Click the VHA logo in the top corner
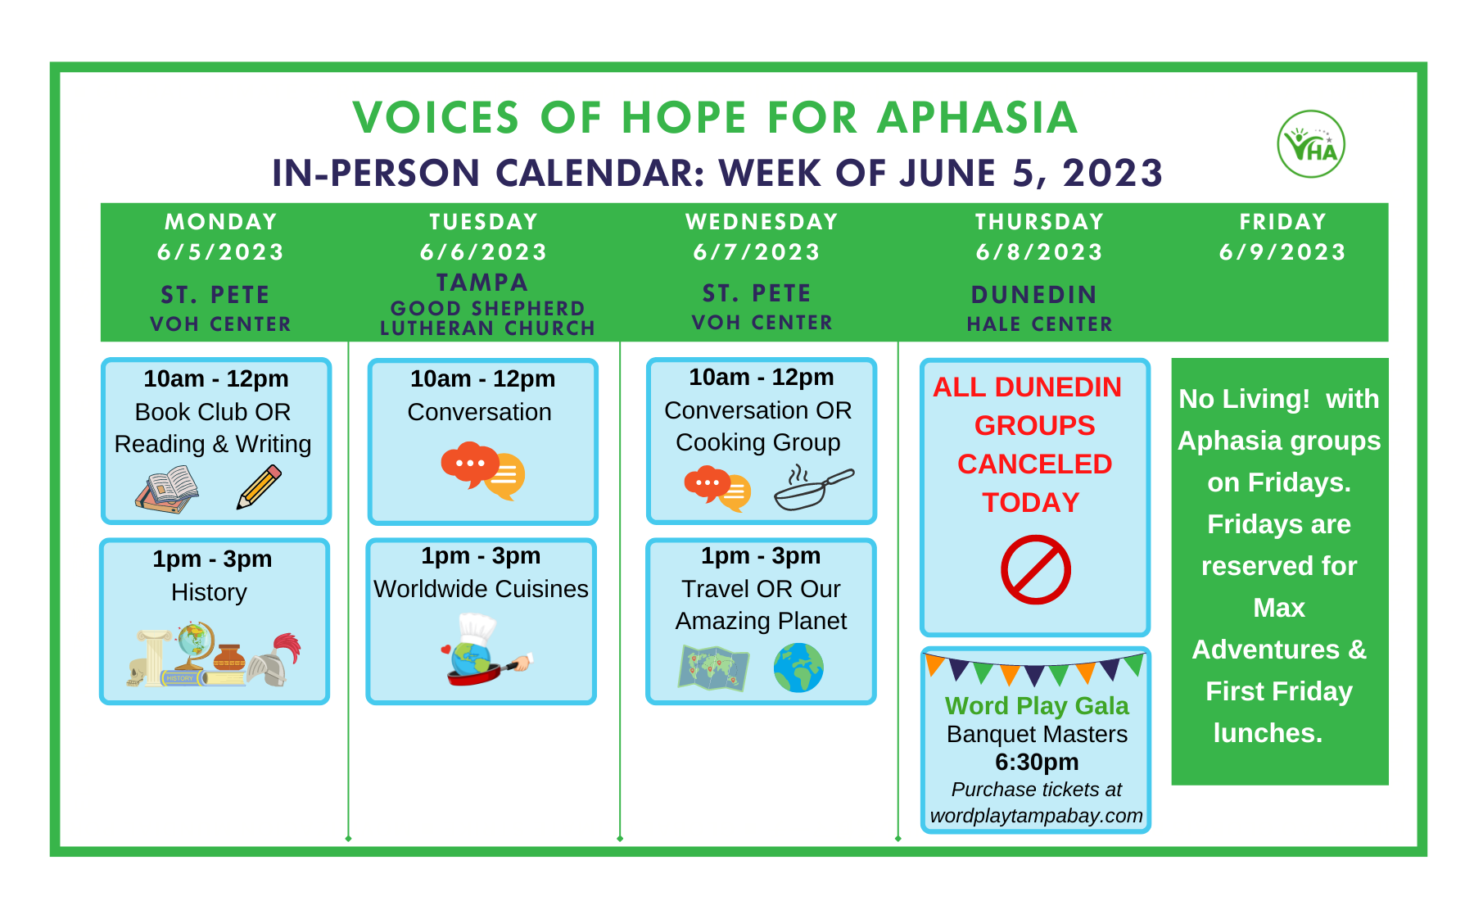coord(1311,144)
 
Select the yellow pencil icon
coord(259,487)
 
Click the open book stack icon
coord(167,490)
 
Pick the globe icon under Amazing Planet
coord(798,668)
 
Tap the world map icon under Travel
coord(713,668)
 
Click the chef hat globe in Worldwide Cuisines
coord(483,650)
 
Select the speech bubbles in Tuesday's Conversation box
coord(483,471)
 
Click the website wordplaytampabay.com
coord(1036,816)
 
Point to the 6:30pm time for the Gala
coord(1037,762)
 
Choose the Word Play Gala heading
coord(1037,705)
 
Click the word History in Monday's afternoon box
coord(209,592)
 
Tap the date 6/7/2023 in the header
coord(757,252)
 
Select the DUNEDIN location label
coord(1034,295)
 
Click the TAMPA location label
coord(482,283)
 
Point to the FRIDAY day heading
coord(1282,222)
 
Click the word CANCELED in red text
coord(1035,464)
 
